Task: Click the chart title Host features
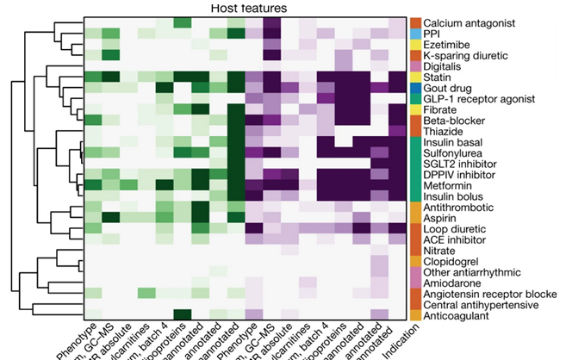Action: click(249, 8)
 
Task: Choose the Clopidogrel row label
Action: click(453, 261)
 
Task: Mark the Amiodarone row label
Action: click(454, 283)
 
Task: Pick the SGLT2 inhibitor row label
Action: click(462, 161)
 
